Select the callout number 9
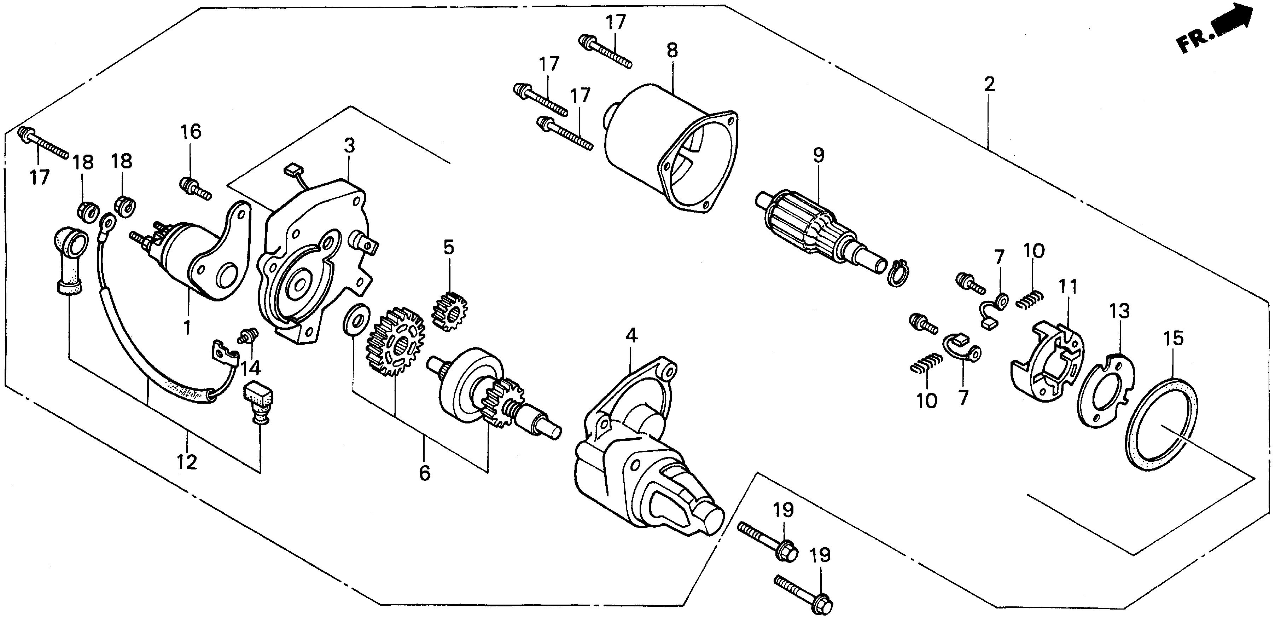818,155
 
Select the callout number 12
187,462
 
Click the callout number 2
989,84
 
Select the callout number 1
187,328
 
